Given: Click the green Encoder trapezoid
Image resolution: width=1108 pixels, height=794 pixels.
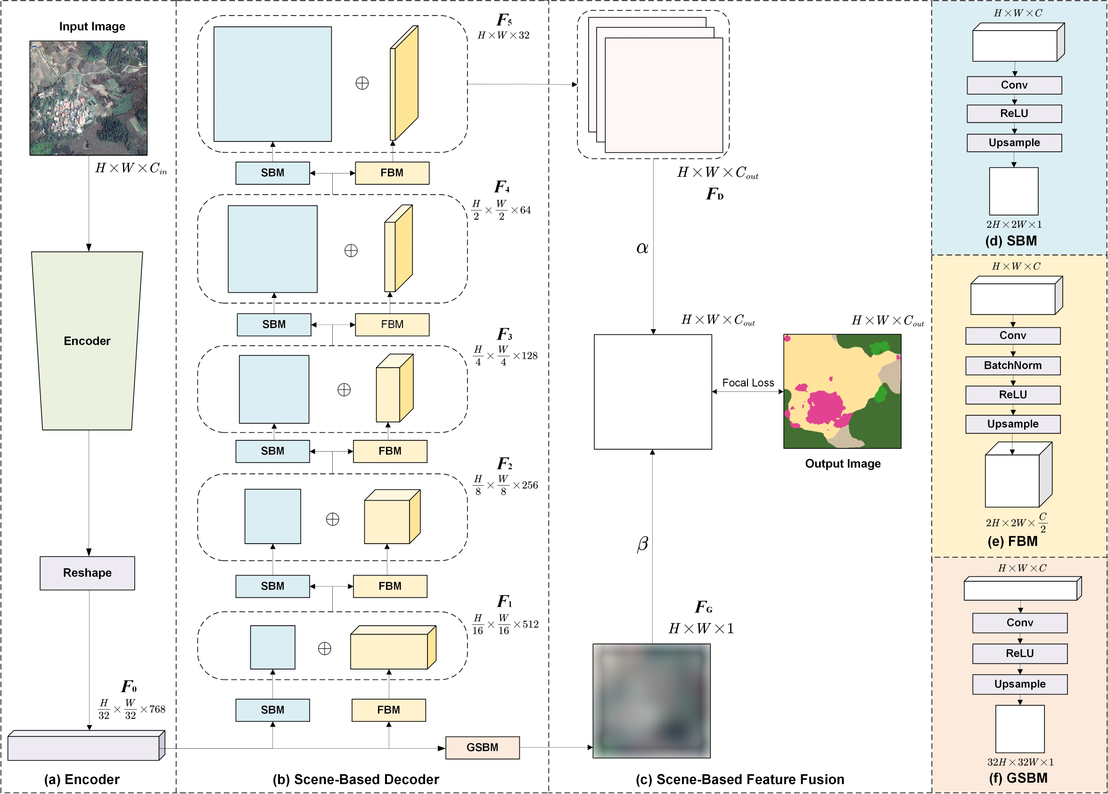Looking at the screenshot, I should tap(87, 340).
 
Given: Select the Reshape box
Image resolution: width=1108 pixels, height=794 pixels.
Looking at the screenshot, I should tap(87, 573).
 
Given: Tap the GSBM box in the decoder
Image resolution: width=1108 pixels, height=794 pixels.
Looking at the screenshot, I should tap(482, 747).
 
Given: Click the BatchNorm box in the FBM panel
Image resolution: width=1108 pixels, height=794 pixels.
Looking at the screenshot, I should tap(1013, 365).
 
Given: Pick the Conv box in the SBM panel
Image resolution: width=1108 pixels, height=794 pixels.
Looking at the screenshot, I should tap(1014, 85).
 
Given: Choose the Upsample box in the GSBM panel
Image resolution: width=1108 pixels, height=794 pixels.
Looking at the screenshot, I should tap(1019, 684).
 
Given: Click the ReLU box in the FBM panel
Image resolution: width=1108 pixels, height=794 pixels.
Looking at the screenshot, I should tap(1013, 395).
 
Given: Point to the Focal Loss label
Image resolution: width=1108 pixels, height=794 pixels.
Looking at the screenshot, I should tap(748, 382).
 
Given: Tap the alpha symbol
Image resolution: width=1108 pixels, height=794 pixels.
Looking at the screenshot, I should tap(642, 248).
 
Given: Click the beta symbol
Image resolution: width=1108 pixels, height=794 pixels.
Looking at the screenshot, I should tap(642, 543).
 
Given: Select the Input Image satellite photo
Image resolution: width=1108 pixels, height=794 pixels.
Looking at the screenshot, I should tap(89, 98).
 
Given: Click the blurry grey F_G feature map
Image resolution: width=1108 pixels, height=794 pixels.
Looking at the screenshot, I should tap(651, 701).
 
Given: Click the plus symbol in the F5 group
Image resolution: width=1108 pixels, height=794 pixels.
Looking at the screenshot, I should tap(362, 83).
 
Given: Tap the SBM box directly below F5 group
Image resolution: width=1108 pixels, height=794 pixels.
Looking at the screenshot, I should tap(272, 173).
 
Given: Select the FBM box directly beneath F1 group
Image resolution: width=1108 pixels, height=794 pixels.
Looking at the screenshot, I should tap(388, 710).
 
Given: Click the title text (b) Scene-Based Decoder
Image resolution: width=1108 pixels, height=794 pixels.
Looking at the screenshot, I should tap(356, 779).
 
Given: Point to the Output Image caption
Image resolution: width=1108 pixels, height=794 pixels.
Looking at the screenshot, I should tap(843, 463).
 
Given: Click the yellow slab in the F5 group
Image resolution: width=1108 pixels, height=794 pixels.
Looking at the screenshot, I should tap(405, 83).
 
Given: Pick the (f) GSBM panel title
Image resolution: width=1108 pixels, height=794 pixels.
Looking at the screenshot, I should tap(1018, 778).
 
